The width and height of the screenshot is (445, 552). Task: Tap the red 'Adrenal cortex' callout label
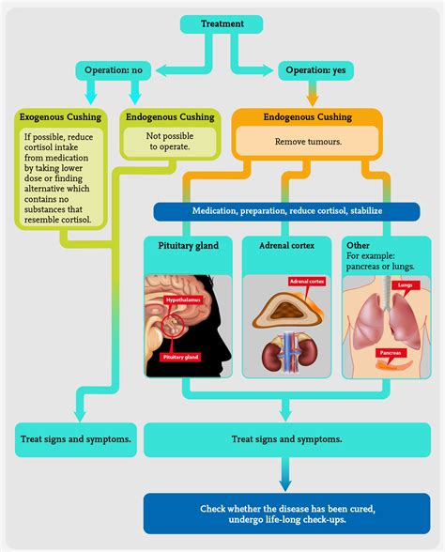[x=307, y=281]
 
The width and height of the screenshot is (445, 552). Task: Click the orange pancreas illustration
[x=394, y=364]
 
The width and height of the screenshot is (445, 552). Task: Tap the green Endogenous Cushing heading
[x=170, y=117]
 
